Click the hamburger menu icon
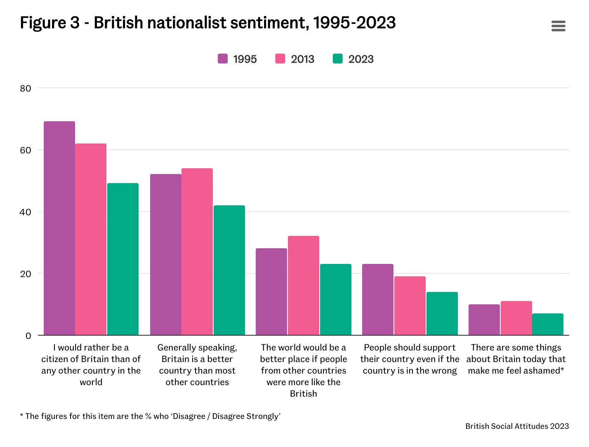click(x=558, y=26)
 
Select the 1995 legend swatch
click(x=223, y=59)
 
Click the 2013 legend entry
click(x=295, y=59)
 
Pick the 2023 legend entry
click(x=353, y=59)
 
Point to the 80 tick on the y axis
click(x=26, y=88)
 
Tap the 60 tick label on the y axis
click(x=26, y=150)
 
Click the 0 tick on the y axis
click(x=28, y=336)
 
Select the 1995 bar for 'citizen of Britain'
click(x=59, y=228)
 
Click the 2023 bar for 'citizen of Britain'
click(x=123, y=259)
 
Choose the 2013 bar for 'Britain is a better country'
click(x=197, y=252)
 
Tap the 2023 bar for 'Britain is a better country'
click(x=229, y=270)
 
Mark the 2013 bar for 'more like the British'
click(x=304, y=285)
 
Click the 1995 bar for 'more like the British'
click(x=271, y=292)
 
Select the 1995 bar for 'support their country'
click(x=378, y=299)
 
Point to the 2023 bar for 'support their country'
click(x=442, y=313)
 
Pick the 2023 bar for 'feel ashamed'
click(x=548, y=324)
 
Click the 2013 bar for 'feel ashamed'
click(x=516, y=318)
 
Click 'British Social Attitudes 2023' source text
click(x=517, y=426)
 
